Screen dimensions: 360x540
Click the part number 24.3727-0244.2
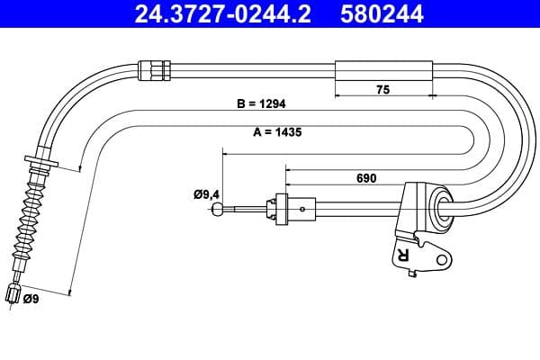(x=214, y=14)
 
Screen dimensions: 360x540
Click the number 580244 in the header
(x=382, y=14)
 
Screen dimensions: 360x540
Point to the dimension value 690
(x=366, y=178)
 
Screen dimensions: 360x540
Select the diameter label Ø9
(x=32, y=299)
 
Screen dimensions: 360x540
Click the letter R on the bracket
(x=401, y=256)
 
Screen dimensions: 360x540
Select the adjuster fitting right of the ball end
(x=281, y=209)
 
